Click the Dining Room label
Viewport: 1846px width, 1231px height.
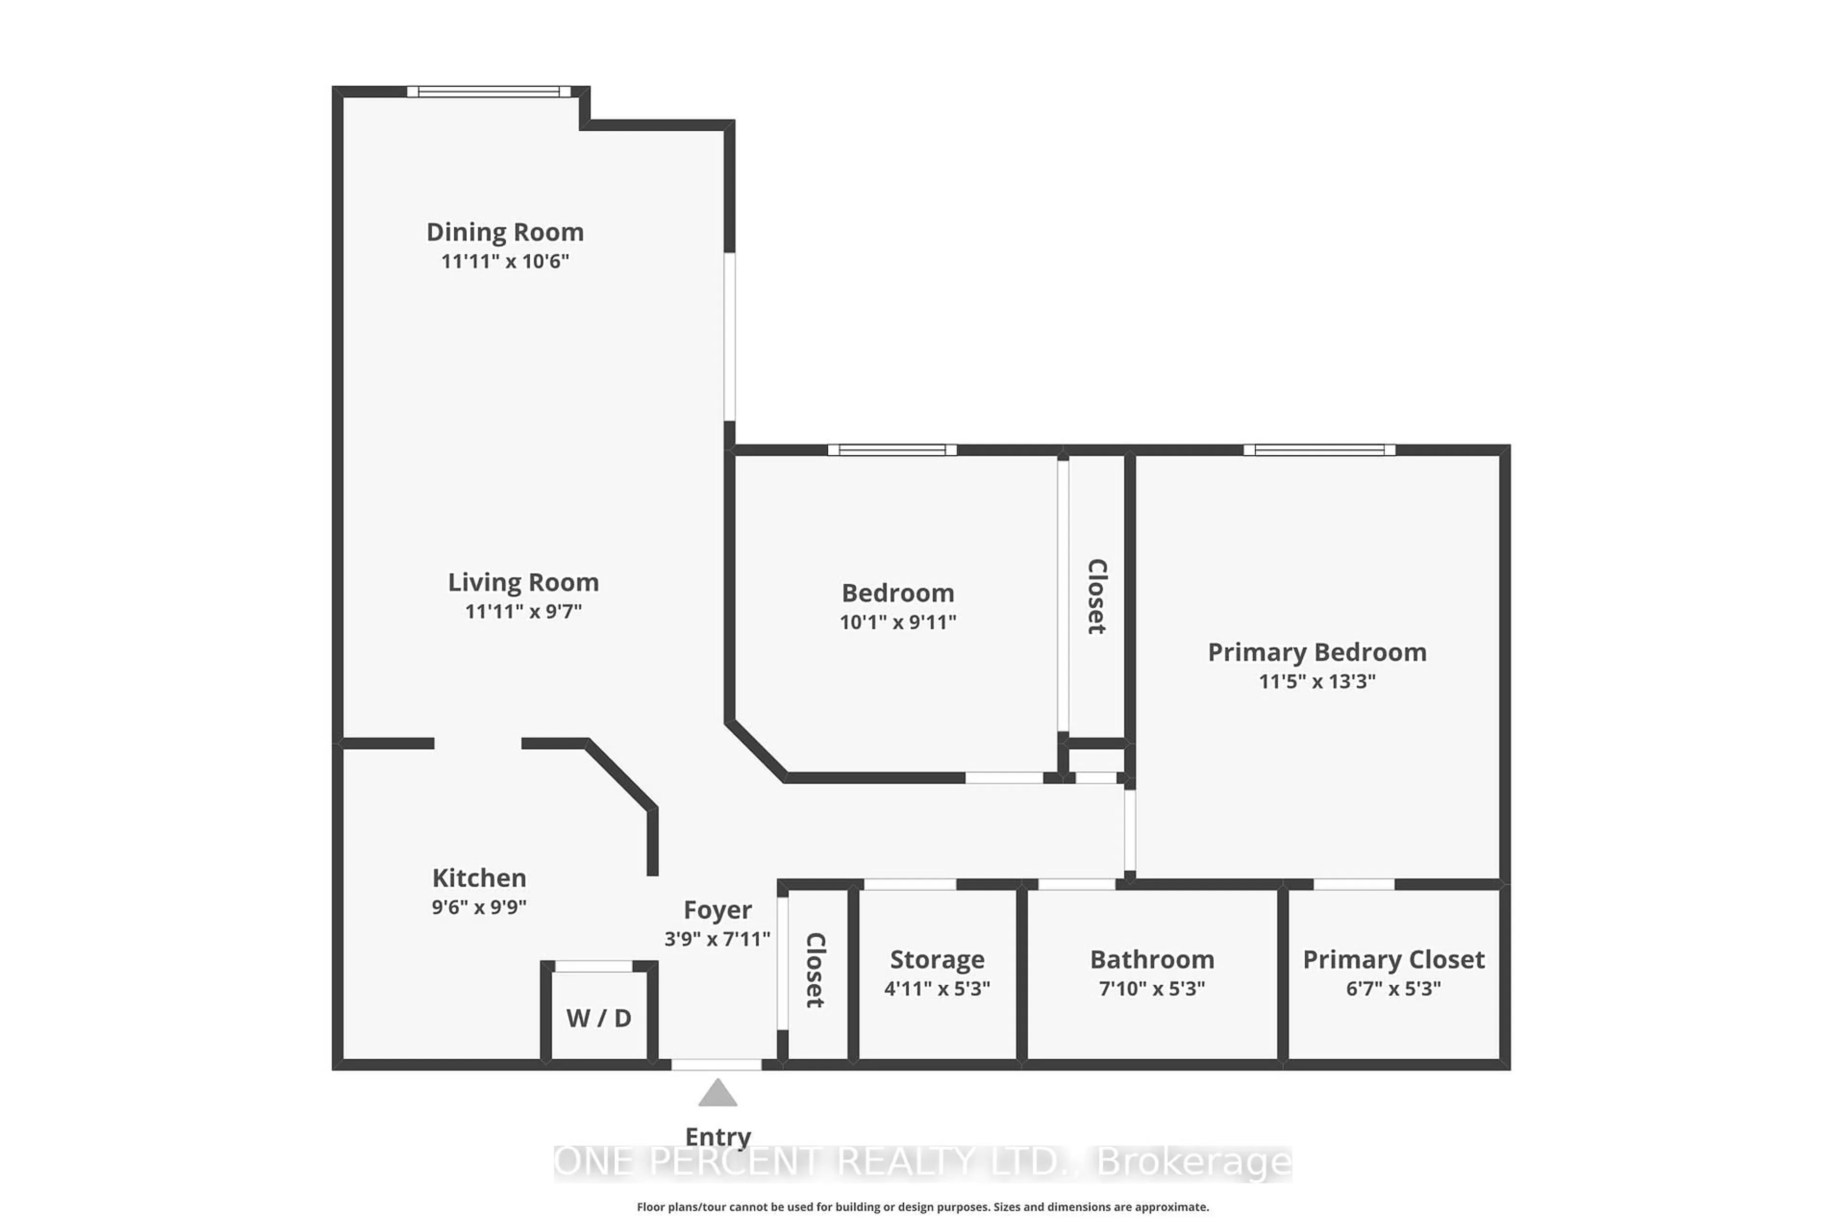(505, 232)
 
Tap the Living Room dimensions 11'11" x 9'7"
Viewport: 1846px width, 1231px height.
(524, 611)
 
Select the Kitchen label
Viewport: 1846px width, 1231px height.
(479, 878)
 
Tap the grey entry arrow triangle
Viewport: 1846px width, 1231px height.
(717, 1093)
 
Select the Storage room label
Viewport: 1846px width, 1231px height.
(937, 959)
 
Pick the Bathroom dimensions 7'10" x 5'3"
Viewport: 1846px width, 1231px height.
(1151, 989)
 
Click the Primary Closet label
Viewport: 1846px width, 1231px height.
(1393, 959)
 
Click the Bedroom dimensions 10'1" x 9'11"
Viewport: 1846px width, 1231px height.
(898, 622)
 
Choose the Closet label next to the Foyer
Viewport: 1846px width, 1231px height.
(815, 970)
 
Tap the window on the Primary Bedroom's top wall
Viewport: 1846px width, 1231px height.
(1319, 450)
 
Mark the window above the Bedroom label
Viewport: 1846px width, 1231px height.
(892, 450)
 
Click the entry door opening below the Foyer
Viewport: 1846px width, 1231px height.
(717, 1065)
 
